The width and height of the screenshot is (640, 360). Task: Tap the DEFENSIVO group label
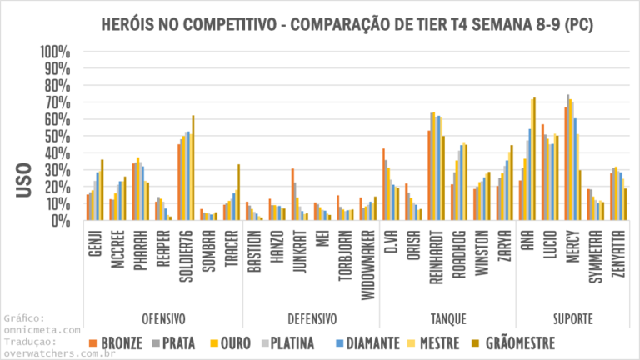[x=312, y=319]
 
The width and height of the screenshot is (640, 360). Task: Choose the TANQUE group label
[x=448, y=319]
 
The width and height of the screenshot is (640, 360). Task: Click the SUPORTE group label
[x=572, y=319]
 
